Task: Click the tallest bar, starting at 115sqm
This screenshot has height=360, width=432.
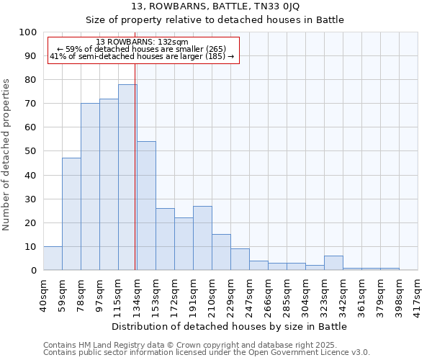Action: point(127,177)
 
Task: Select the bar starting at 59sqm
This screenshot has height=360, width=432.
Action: point(71,214)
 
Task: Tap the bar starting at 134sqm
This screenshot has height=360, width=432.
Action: point(146,205)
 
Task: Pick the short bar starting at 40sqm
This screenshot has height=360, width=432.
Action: point(53,258)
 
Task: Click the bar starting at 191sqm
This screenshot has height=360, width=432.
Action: point(202,238)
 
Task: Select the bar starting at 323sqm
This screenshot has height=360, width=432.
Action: point(333,263)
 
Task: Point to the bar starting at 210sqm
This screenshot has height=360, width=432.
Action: point(221,252)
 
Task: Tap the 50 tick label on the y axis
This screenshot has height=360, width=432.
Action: point(31,151)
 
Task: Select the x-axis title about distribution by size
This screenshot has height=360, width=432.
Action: point(230,326)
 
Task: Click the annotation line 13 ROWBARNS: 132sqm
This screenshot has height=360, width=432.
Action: point(142,42)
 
